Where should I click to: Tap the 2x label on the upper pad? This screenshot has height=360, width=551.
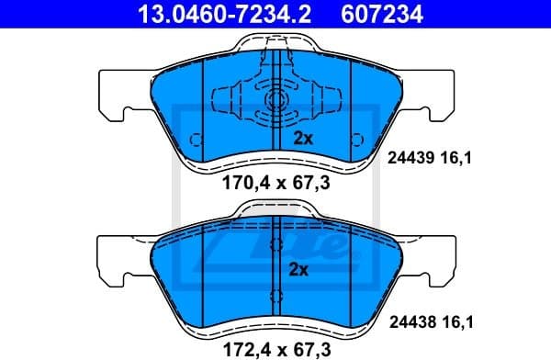point(302,140)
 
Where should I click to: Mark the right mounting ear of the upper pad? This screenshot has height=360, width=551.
point(437,95)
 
